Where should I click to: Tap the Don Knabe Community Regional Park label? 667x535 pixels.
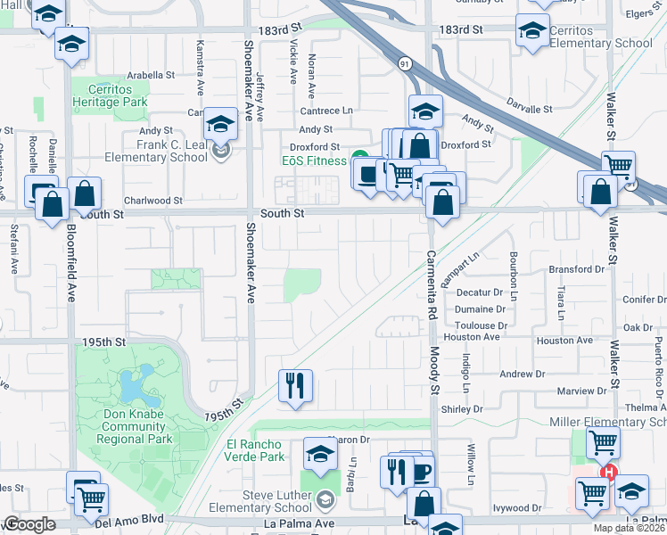coord(128,432)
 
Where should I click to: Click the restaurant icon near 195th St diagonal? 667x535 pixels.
coord(294,385)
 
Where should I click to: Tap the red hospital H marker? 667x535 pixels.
coord(609,472)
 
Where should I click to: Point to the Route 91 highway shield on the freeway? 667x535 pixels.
coord(406,63)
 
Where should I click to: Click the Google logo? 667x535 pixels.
coord(29,524)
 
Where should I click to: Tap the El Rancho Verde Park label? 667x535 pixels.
coord(254,450)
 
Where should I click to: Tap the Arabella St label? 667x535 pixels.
coord(150,76)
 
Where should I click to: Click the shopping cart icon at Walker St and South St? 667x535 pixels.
coord(618,165)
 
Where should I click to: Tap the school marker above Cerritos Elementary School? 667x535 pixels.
coord(532,29)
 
